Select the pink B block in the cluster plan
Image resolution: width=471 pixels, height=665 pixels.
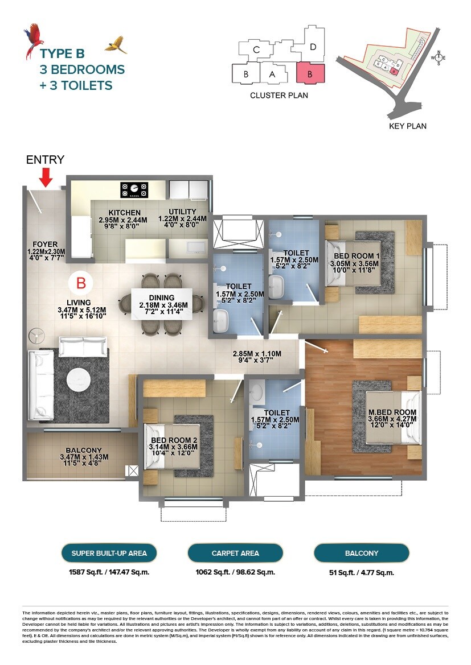tap(310, 73)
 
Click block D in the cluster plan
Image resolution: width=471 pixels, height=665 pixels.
tap(313, 47)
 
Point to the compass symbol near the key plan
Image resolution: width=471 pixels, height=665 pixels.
tap(439, 57)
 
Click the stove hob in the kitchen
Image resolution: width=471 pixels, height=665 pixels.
tap(134, 189)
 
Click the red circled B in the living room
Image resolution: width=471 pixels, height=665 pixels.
tap(81, 282)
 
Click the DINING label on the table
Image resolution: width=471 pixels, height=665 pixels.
tap(161, 298)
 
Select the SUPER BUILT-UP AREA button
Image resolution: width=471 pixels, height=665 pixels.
tap(109, 552)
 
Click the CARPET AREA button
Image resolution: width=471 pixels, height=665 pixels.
tap(235, 552)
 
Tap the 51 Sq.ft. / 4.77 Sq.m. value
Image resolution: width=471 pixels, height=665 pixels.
tap(362, 573)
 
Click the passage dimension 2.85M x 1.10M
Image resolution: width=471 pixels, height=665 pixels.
tap(257, 353)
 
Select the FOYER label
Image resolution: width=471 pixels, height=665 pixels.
tap(46, 245)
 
